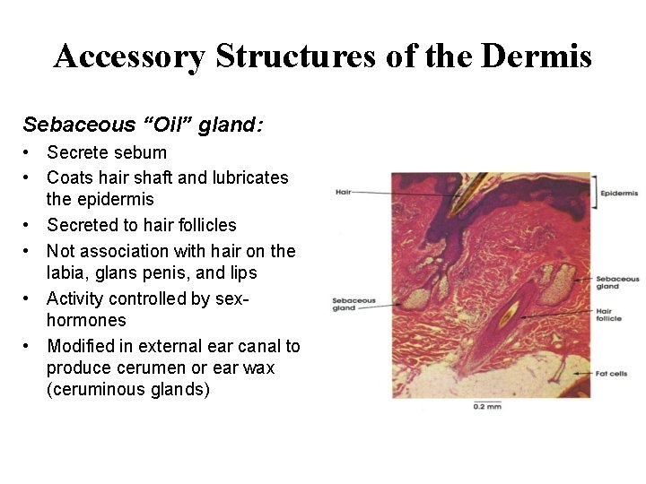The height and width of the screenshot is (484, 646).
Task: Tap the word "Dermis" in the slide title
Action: pyautogui.click(x=536, y=56)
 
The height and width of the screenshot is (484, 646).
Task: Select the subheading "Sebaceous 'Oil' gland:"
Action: pyautogui.click(x=143, y=124)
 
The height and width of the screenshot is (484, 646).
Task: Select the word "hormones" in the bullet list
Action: pyautogui.click(x=86, y=321)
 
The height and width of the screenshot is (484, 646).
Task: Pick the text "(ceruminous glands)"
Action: pyautogui.click(x=127, y=390)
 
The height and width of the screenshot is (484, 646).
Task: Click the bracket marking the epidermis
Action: pyautogui.click(x=595, y=192)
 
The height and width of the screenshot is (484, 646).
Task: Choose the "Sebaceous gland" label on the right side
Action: pyautogui.click(x=620, y=283)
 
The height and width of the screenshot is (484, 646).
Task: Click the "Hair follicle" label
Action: pyautogui.click(x=614, y=316)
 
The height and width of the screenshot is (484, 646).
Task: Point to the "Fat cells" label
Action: pyautogui.click(x=614, y=374)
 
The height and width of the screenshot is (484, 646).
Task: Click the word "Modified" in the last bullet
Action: pyautogui.click(x=82, y=345)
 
